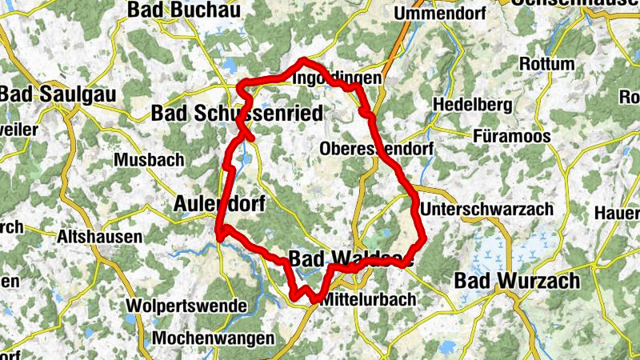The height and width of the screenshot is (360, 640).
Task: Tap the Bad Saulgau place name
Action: pos(58,93)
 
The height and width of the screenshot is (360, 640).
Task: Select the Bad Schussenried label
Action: pos(237,114)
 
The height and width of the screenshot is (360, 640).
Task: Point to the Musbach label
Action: pos(148,159)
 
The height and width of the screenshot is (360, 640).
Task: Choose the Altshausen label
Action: pos(100,237)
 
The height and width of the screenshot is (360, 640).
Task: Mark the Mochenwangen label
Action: pos(212,338)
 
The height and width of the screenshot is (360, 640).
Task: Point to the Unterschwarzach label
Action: pos(486,209)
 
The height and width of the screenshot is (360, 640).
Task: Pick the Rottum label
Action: pos(547,64)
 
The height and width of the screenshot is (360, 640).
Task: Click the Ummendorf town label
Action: pos(441,14)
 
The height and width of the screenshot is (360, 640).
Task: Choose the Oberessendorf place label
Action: pos(376,149)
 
